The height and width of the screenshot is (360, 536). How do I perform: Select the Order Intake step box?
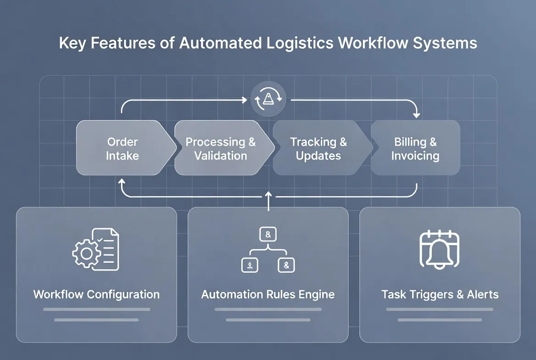click(123, 148)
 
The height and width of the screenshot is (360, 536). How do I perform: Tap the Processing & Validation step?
click(221, 148)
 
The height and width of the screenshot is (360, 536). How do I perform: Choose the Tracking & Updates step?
click(318, 148)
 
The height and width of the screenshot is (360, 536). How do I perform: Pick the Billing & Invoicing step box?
click(415, 148)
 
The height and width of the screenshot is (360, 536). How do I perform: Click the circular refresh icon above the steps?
click(268, 99)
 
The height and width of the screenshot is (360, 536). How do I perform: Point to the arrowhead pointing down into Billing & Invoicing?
click(416, 114)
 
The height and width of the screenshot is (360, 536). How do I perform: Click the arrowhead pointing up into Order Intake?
click(122, 181)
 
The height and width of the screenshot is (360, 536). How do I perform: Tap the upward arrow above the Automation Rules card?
click(268, 196)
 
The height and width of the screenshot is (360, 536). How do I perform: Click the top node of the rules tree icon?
click(268, 235)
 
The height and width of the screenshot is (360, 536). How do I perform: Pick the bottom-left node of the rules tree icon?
click(249, 264)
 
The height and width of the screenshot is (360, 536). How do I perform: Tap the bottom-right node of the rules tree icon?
click(287, 264)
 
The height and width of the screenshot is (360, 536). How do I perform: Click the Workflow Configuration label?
click(96, 294)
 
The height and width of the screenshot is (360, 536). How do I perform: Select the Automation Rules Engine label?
click(268, 294)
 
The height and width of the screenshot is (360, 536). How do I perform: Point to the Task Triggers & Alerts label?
click(440, 294)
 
